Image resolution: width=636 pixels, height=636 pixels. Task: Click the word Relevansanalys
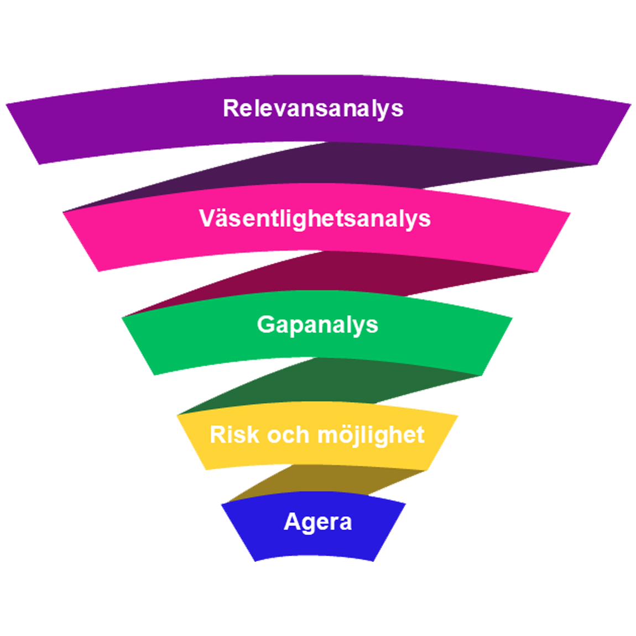[313, 108]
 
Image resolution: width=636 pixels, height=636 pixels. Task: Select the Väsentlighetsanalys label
[315, 218]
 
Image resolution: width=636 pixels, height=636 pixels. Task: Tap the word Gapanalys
[317, 325]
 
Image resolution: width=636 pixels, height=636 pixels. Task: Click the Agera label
[317, 522]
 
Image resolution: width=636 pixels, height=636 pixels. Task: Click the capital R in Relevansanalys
[230, 108]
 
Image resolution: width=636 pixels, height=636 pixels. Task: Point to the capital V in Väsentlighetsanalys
[206, 218]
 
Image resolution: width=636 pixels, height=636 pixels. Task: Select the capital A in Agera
[291, 522]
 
